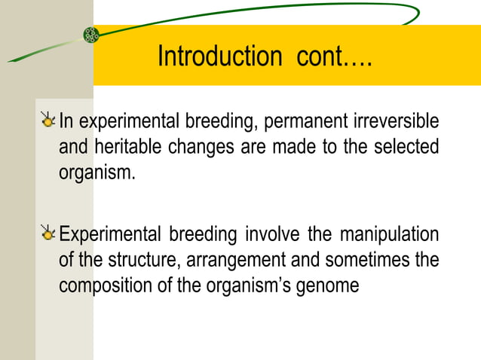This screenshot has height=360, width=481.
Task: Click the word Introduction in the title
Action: (x=217, y=56)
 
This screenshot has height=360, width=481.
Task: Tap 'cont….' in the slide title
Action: (x=329, y=56)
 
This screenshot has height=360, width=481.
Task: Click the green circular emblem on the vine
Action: (x=91, y=34)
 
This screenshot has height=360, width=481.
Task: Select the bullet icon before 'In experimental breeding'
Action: (x=48, y=120)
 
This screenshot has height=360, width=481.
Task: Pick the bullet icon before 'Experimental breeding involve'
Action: (x=48, y=234)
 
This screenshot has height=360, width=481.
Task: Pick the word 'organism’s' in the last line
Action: (x=246, y=286)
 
